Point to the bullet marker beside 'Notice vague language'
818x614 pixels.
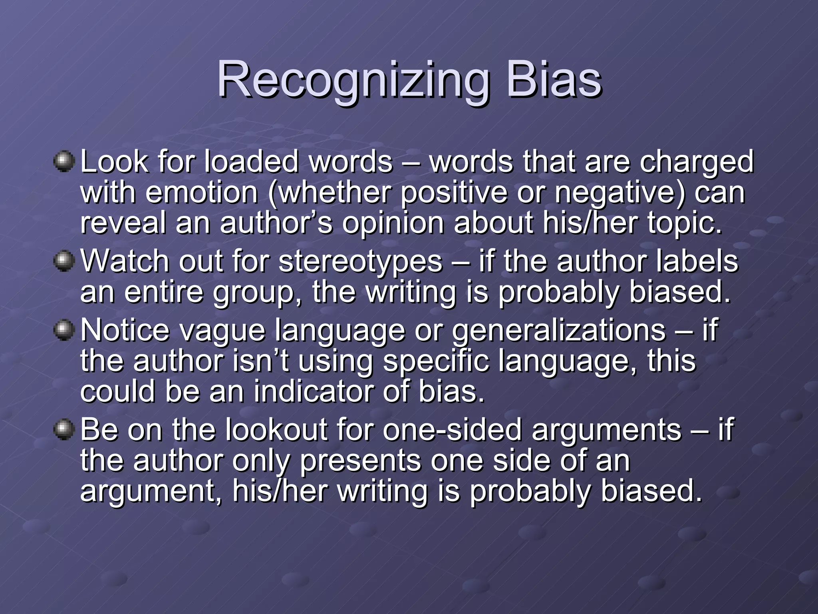[x=64, y=331]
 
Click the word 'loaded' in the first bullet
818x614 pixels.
[x=251, y=162]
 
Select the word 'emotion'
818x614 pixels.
[x=202, y=192]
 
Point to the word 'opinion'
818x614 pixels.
[x=393, y=223]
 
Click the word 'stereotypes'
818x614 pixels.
[x=360, y=262]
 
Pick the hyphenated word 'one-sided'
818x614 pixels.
[x=452, y=430]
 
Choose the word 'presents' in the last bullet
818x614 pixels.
[x=360, y=461]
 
